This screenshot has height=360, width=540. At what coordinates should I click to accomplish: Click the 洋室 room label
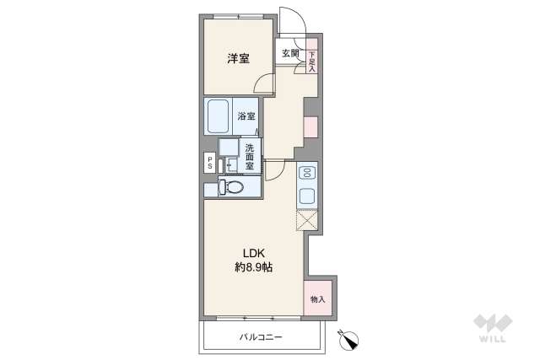238,58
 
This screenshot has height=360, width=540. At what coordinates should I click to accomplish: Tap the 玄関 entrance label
290,53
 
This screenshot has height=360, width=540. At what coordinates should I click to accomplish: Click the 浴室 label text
246,117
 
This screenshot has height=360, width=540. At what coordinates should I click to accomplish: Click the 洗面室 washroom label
251,157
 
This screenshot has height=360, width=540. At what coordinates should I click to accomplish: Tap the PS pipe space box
208,162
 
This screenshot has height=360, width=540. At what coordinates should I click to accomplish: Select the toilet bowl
231,187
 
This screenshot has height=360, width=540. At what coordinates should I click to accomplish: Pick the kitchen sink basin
307,197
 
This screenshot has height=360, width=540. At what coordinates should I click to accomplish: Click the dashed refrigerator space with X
306,222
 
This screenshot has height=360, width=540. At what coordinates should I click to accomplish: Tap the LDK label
254,251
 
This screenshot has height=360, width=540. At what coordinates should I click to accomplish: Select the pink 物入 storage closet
317,298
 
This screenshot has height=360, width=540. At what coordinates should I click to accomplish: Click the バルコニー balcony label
260,337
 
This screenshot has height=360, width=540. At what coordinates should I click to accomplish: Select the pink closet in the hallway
310,127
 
